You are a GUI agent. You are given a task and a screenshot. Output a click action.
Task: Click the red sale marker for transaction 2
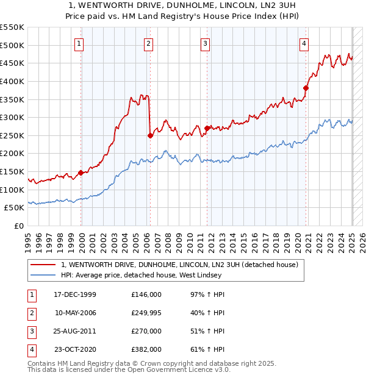point(150,136)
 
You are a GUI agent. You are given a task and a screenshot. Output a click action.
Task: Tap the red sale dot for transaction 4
point(306,88)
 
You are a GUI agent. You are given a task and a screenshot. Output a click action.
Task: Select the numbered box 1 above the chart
point(80,43)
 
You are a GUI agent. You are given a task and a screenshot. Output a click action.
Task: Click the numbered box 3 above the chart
point(206,43)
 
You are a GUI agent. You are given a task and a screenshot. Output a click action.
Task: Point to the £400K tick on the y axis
point(12,81)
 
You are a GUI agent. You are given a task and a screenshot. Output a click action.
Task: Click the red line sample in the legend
point(43,265)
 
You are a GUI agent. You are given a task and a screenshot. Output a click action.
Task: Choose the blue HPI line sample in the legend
point(43,275)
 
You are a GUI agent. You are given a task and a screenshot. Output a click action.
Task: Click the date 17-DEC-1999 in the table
point(75,294)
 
